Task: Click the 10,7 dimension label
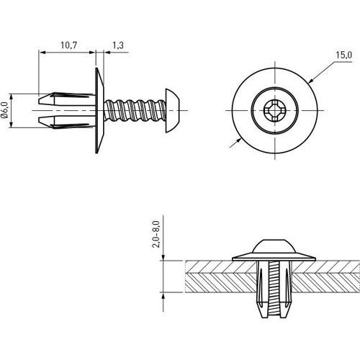tap(68, 45)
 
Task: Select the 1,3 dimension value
tap(117, 45)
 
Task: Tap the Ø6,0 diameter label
tap(6, 111)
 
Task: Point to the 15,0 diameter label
tap(342, 55)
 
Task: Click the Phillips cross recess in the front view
tap(274, 112)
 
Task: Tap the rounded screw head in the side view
tap(173, 111)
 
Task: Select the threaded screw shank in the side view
tap(137, 111)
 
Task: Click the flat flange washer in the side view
tap(95, 111)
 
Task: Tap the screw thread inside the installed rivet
tap(274, 288)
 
